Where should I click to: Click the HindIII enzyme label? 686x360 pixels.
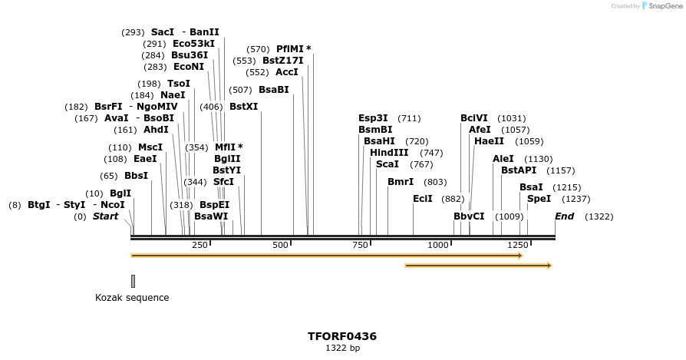point(390,153)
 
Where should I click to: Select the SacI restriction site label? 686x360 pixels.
point(163,32)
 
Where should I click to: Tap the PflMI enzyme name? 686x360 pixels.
point(292,49)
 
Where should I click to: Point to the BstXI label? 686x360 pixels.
point(243,107)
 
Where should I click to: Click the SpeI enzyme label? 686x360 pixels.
point(539,199)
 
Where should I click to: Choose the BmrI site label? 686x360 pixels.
point(401,182)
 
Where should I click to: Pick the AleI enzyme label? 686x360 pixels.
point(503,159)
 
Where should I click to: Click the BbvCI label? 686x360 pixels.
point(469,216)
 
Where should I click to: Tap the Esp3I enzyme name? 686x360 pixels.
point(373,118)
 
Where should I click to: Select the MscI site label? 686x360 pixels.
point(150,147)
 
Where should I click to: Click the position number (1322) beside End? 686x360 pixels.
point(599,216)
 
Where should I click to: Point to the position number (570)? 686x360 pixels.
point(258,49)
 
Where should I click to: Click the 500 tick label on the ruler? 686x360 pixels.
point(280,245)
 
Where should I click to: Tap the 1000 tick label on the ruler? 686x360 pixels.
point(438,245)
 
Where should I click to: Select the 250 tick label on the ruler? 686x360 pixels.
point(200,245)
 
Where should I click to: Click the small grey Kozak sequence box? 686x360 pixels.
point(133,281)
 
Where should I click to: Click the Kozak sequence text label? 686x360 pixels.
point(132,298)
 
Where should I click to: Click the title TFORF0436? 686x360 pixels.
point(342,336)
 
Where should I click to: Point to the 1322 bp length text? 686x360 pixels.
point(342,348)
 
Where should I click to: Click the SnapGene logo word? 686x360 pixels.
point(662,6)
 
